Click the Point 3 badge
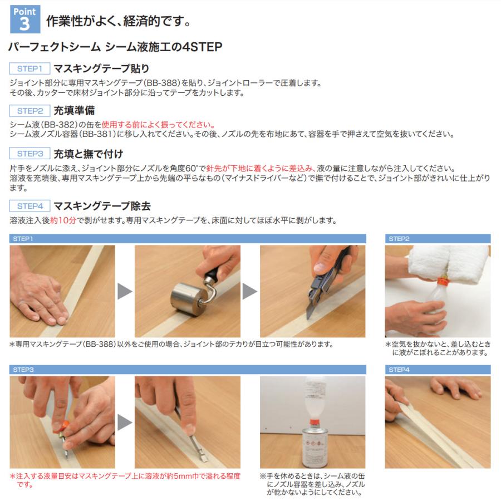(x=25, y=20)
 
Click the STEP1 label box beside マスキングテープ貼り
(x=30, y=69)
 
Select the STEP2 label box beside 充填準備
(x=30, y=111)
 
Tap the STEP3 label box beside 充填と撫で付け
(x=30, y=154)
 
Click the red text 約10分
(x=62, y=220)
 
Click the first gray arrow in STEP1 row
(x=125, y=291)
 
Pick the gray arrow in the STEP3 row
(x=125, y=422)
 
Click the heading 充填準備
(x=74, y=111)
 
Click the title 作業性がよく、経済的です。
(x=119, y=22)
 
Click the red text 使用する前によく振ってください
(x=158, y=125)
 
